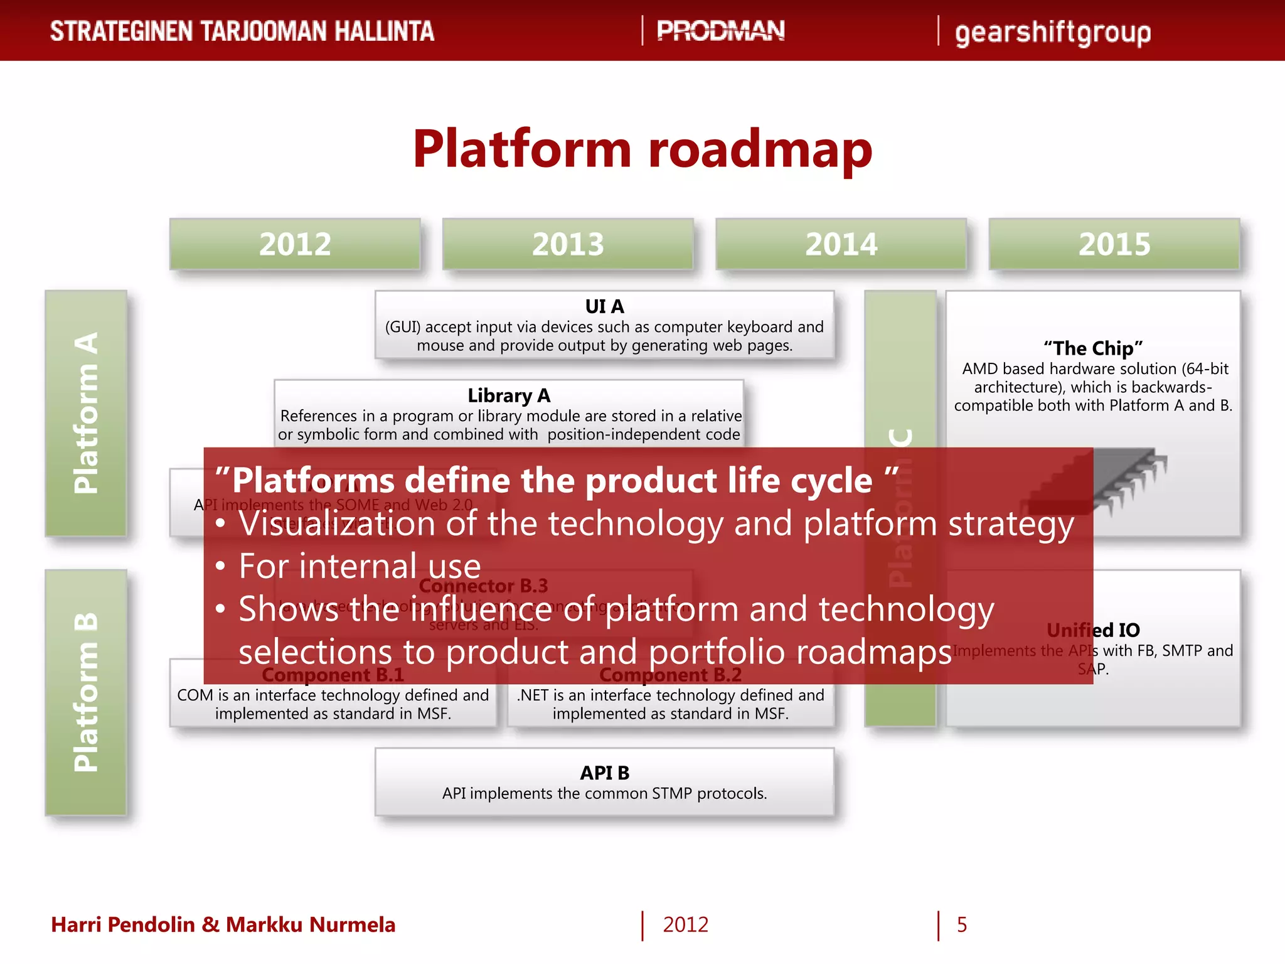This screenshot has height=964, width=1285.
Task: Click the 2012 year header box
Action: pyautogui.click(x=295, y=244)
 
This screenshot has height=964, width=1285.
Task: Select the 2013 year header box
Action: pyautogui.click(x=568, y=244)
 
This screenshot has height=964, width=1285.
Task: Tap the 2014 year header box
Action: pyautogui.click(x=841, y=244)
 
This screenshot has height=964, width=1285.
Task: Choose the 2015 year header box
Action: pyautogui.click(x=1114, y=244)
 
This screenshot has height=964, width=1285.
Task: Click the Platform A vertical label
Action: pyautogui.click(x=86, y=413)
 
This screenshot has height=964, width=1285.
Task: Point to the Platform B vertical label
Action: pyautogui.click(x=86, y=692)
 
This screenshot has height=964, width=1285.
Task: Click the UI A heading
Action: pyautogui.click(x=604, y=306)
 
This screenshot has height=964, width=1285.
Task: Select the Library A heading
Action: pyautogui.click(x=509, y=395)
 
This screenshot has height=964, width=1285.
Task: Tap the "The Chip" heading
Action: pyautogui.click(x=1093, y=348)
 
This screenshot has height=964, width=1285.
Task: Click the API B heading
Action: pyautogui.click(x=604, y=773)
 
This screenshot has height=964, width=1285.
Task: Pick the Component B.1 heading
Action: pyautogui.click(x=333, y=675)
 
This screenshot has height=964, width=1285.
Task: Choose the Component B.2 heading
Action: pyautogui.click(x=670, y=675)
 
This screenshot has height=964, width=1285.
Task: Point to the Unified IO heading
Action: pyautogui.click(x=1093, y=629)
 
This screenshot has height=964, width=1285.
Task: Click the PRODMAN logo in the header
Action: pyautogui.click(x=720, y=31)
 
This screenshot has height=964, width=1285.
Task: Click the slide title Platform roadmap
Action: pyautogui.click(x=642, y=149)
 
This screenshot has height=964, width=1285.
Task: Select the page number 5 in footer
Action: pyautogui.click(x=961, y=924)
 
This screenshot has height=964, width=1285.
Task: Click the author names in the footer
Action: pyautogui.click(x=223, y=924)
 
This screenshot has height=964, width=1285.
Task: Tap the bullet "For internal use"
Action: pyautogui.click(x=360, y=566)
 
